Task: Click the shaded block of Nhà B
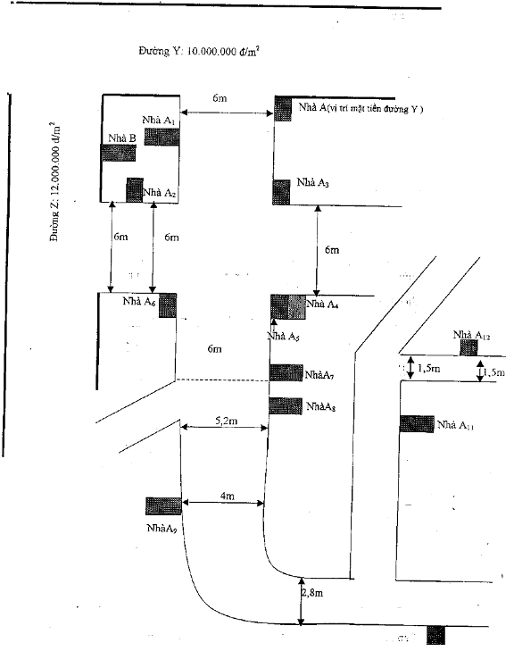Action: click(118, 153)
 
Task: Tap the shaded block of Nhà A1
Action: click(162, 137)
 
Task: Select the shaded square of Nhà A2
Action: click(135, 190)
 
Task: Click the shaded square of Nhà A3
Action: click(281, 192)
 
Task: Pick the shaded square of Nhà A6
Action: click(168, 305)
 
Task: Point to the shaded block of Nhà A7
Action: click(286, 372)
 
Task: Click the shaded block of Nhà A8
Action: click(286, 405)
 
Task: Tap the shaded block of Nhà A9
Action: click(163, 506)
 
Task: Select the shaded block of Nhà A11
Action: click(417, 424)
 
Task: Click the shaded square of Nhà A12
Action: click(468, 348)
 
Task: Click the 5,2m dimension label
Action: click(227, 421)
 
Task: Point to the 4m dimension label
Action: click(228, 496)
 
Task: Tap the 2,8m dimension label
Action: click(312, 593)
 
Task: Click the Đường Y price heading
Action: click(199, 51)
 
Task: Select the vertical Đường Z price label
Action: click(55, 182)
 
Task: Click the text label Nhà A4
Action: click(322, 304)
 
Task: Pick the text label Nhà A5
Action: click(284, 337)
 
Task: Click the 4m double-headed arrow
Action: click(223, 503)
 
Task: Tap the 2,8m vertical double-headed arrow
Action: click(302, 601)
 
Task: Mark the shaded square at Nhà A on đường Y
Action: click(283, 109)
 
